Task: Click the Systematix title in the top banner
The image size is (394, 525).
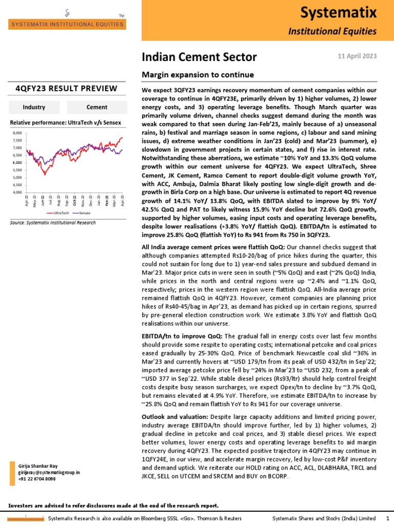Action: click(x=346, y=11)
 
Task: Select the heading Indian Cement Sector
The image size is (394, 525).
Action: click(x=199, y=57)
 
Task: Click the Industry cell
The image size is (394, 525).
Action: click(x=34, y=107)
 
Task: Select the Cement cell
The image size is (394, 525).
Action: click(x=97, y=107)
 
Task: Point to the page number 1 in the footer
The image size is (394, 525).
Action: click(x=387, y=519)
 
